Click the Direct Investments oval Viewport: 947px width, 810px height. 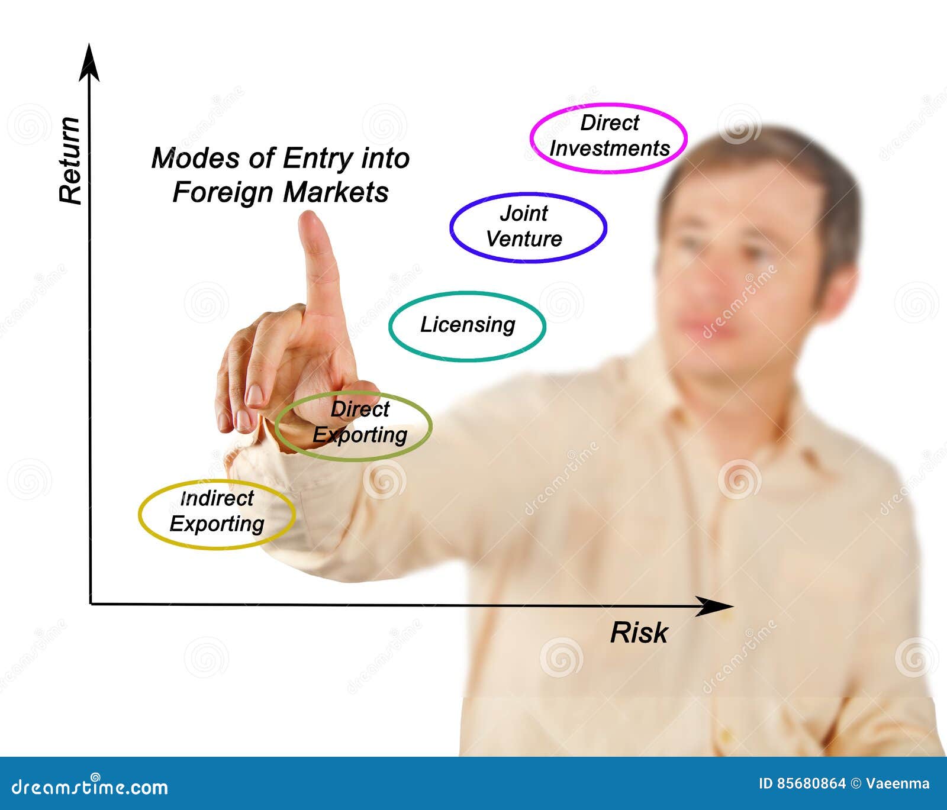pos(608,137)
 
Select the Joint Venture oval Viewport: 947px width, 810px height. pos(527,227)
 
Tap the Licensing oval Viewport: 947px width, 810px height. pos(467,325)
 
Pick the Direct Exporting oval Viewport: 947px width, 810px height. pos(354,425)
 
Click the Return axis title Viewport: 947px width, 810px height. pos(70,161)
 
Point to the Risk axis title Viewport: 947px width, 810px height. pos(639,633)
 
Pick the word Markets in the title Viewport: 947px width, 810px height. pos(336,192)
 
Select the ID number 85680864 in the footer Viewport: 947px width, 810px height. pos(810,783)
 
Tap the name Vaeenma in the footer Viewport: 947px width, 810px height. pos(897,783)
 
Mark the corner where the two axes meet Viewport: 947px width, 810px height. pos(91,604)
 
